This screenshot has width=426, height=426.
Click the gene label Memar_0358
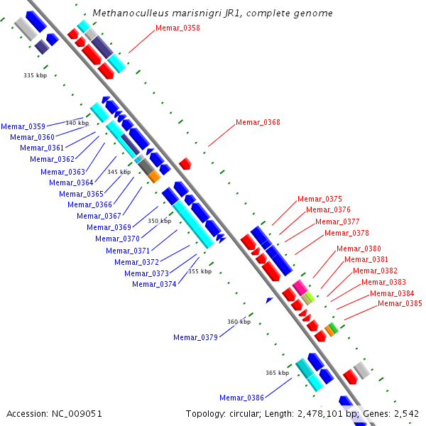pos(177,28)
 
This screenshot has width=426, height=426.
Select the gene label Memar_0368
pos(258,123)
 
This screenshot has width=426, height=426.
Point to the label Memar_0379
pos(195,337)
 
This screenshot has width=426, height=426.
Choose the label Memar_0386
pos(241,398)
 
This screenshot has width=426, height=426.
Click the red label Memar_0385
pos(400,304)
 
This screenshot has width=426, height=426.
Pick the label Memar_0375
pos(319,200)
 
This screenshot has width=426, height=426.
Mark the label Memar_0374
pos(154,285)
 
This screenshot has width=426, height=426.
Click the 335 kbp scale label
pos(35,75)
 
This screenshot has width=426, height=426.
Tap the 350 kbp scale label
pos(159,221)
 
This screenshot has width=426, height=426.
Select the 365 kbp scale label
pos(277,373)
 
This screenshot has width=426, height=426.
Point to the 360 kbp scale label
pos(239,322)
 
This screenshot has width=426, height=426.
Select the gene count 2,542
pos(407,413)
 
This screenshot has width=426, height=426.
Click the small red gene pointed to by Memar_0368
pos(185,164)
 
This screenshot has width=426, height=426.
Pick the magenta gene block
pos(300,287)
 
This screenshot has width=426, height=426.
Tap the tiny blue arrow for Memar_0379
pos(269,300)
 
